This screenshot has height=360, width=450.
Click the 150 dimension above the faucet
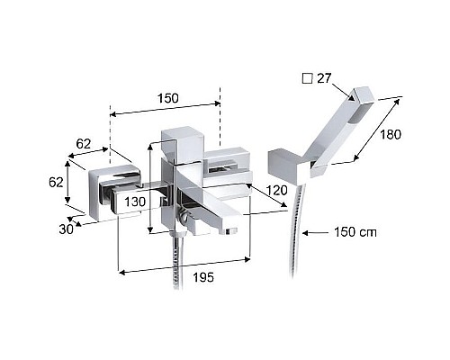tap(166, 96)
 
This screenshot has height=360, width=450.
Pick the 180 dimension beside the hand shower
tap(389, 134)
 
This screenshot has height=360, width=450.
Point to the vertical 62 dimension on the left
tap(56, 181)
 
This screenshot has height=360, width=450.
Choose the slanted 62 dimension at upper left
tap(85, 142)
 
